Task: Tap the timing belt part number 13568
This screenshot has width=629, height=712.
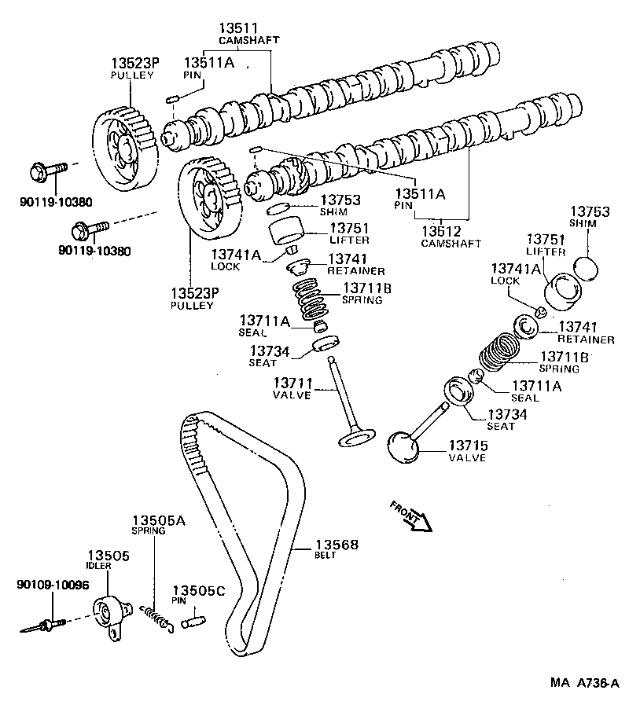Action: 336,545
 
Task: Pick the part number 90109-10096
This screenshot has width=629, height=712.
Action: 53,585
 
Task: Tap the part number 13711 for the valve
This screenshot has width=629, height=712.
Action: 293,383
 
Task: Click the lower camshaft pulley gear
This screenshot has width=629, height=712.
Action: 207,199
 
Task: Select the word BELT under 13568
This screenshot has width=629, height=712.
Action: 326,556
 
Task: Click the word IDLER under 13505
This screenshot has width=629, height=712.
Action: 99,566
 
